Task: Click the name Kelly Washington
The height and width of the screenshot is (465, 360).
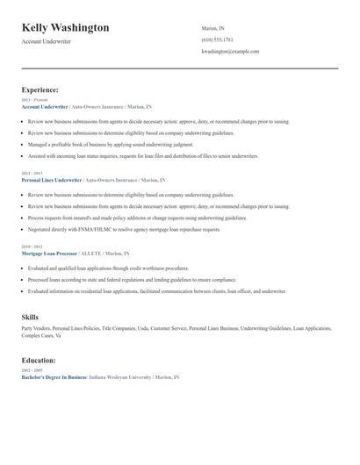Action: (66, 28)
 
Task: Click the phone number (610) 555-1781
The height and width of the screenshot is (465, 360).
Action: (217, 39)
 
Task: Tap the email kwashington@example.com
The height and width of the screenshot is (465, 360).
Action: (230, 52)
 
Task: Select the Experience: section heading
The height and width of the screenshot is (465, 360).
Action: (40, 89)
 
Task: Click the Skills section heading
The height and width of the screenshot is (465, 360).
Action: (30, 317)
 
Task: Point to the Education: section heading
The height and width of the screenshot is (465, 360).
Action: (39, 361)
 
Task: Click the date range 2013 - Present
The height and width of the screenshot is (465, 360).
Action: (35, 100)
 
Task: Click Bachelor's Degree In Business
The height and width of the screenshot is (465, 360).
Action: (54, 376)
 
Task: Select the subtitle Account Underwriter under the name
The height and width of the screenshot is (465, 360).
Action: (47, 41)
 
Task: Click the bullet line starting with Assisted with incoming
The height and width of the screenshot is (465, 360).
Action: (143, 155)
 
